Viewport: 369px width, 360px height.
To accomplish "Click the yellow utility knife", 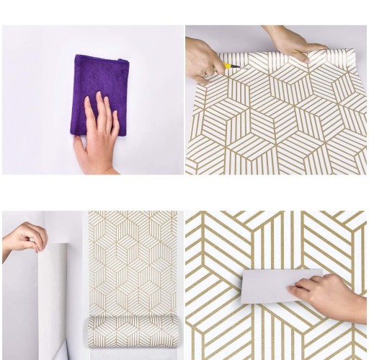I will point(232,66).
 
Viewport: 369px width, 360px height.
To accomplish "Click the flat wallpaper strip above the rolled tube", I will point(133,260).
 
